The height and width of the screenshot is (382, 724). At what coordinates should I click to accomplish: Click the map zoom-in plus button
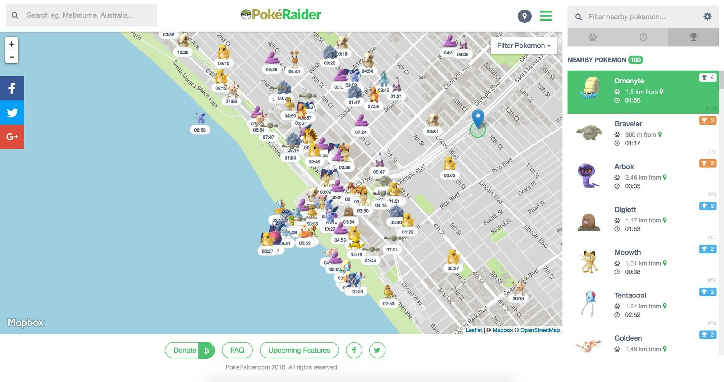click(x=12, y=44)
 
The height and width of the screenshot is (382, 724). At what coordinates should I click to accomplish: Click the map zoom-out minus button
click(x=12, y=57)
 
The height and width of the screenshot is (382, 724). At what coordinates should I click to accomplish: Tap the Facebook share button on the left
click(x=12, y=88)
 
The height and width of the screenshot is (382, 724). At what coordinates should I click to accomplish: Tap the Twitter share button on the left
click(x=12, y=112)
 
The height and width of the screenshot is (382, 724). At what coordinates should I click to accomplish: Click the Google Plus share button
click(x=12, y=137)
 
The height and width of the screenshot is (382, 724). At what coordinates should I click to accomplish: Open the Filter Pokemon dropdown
click(x=524, y=46)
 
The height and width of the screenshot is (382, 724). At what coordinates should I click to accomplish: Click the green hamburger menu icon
click(x=545, y=16)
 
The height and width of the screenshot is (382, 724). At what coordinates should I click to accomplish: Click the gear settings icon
click(x=707, y=17)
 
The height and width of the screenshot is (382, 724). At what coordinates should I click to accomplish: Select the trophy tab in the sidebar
click(x=693, y=37)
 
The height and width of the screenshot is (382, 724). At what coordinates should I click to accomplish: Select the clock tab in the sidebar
click(x=643, y=37)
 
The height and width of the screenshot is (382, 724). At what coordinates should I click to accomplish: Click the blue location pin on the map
click(x=478, y=117)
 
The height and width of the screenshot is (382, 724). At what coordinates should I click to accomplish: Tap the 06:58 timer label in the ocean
click(x=200, y=130)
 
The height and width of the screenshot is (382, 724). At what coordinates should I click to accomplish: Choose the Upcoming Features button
click(x=299, y=350)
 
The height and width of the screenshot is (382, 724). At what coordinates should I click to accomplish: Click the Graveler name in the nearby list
click(x=628, y=124)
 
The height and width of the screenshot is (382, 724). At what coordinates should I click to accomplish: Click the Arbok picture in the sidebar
click(x=589, y=175)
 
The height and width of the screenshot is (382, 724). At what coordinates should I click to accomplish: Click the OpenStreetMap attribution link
click(x=540, y=330)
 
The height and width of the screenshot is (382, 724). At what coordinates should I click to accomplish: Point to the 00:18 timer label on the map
click(x=518, y=299)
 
